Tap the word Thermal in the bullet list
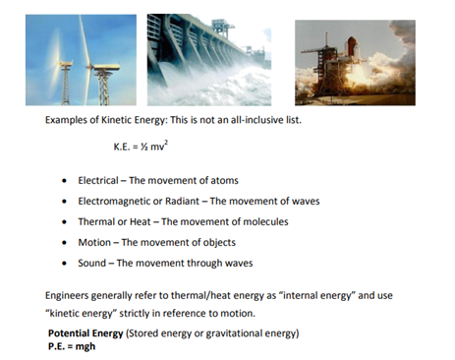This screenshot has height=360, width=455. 96,221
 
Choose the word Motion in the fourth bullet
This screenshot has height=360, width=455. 94,242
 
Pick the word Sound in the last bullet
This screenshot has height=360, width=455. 92,263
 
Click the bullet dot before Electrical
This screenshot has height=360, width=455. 64,181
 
